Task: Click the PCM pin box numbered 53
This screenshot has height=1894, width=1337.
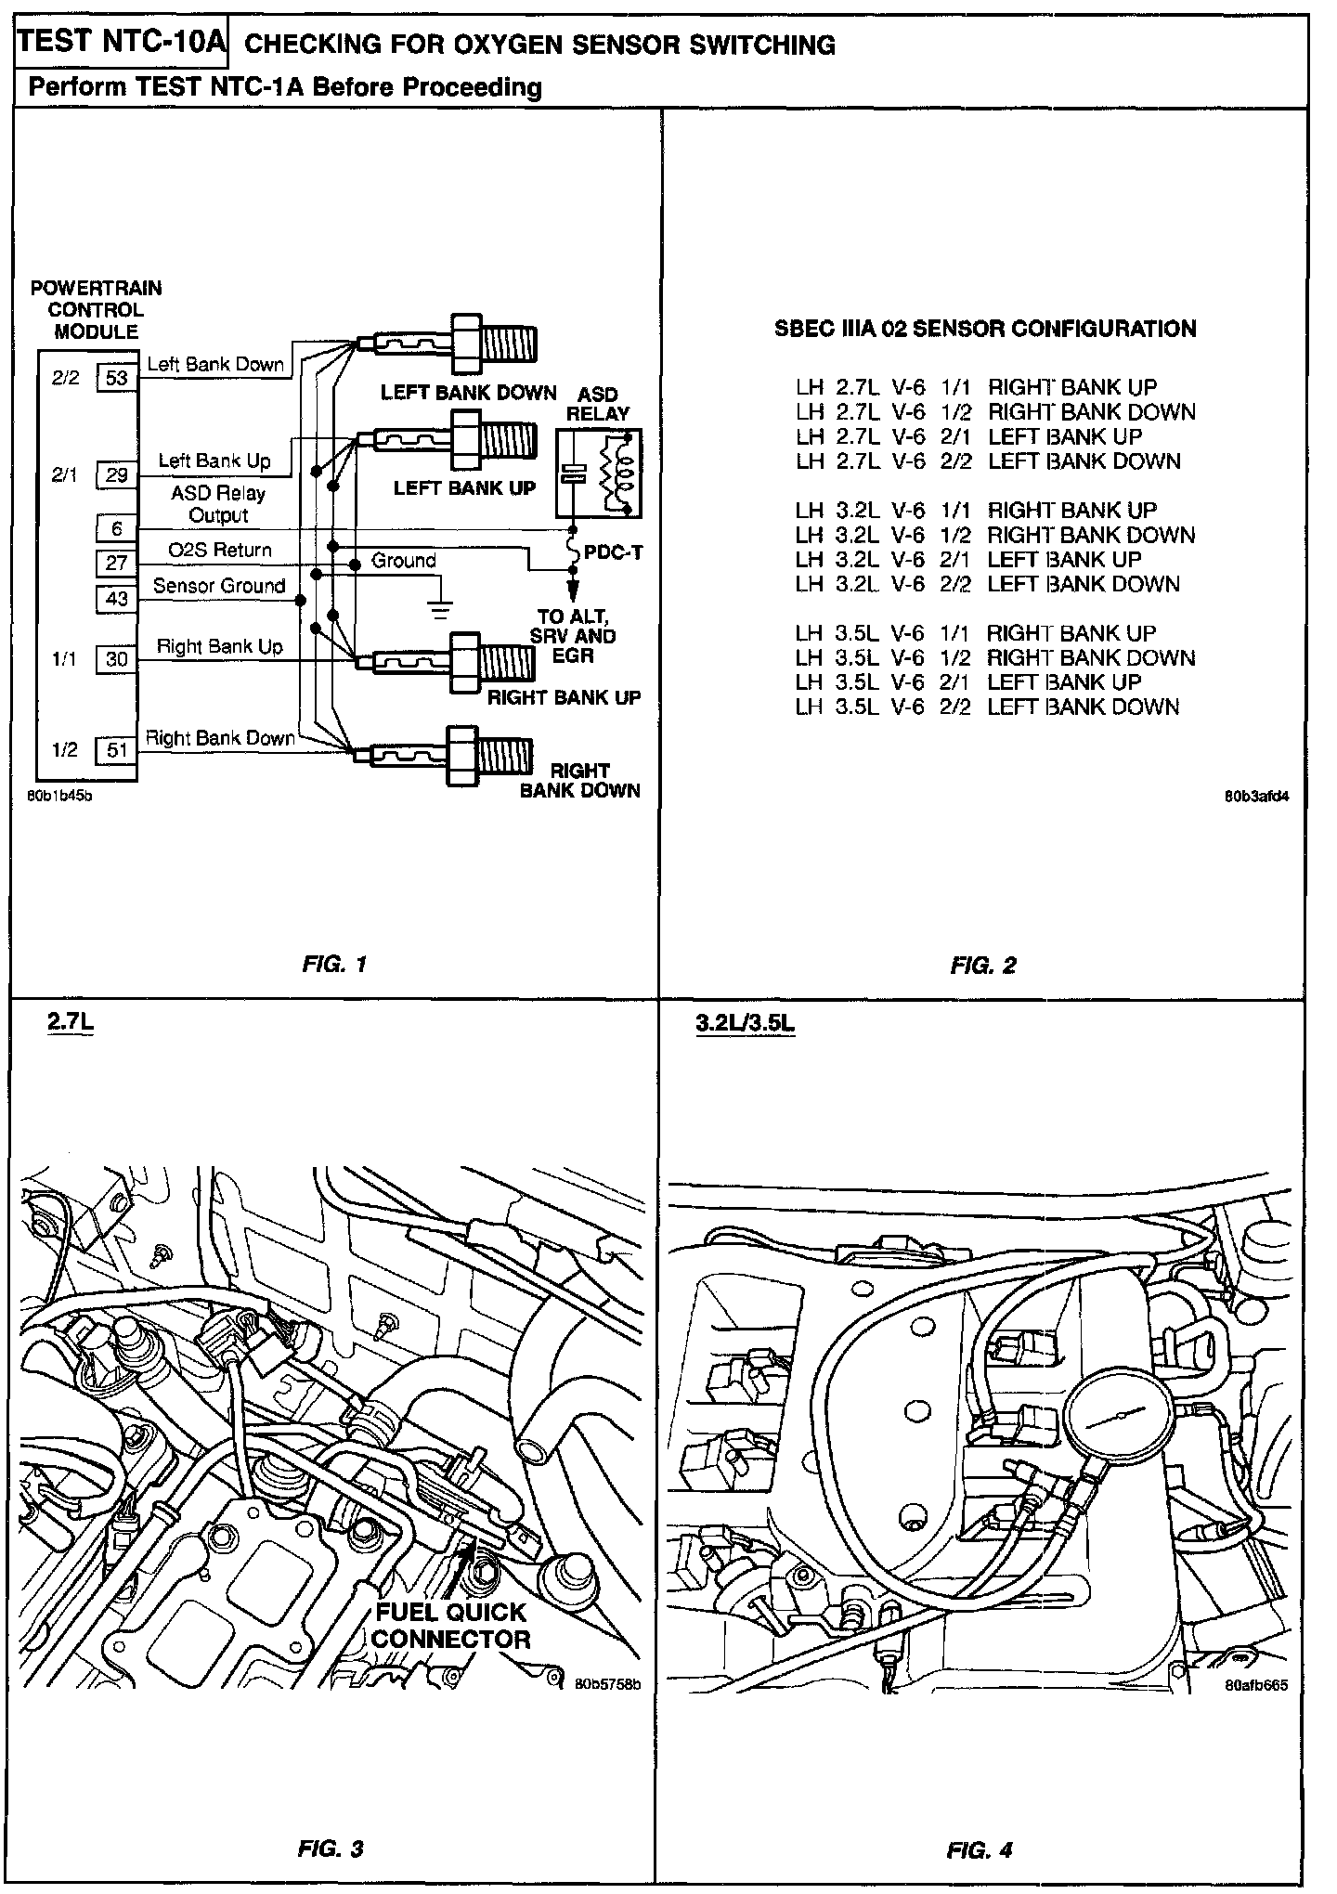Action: pyautogui.click(x=117, y=377)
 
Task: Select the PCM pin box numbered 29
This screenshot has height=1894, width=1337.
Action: pyautogui.click(x=117, y=475)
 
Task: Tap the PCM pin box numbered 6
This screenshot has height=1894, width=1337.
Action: pyautogui.click(x=117, y=529)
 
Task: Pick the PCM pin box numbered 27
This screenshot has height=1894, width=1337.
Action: pyautogui.click(x=117, y=563)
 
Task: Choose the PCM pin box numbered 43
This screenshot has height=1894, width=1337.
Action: pyautogui.click(x=117, y=599)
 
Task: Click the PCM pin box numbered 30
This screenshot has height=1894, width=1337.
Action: pyautogui.click(x=117, y=659)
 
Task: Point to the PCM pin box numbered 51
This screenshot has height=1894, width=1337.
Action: pyautogui.click(x=117, y=749)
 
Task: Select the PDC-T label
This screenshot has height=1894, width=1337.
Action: pyautogui.click(x=613, y=553)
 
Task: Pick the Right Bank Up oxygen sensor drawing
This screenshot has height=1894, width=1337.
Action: pyautogui.click(x=450, y=662)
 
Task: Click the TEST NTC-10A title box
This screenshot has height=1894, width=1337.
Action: pyautogui.click(x=122, y=42)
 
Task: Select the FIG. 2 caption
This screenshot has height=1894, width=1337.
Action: pyautogui.click(x=982, y=965)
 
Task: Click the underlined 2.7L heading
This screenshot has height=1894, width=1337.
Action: pyautogui.click(x=71, y=1022)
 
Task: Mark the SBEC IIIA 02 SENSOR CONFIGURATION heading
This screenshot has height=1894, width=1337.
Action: pyautogui.click(x=985, y=329)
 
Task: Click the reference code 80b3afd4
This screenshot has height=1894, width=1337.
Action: pyautogui.click(x=1257, y=796)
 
